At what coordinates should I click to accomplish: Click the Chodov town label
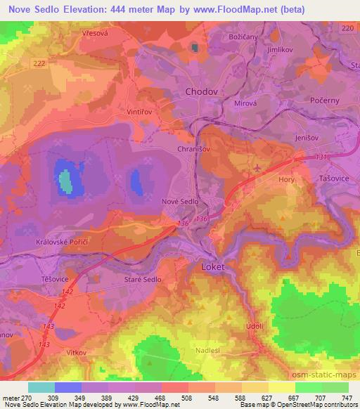tap(201, 92)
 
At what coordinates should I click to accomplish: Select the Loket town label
tap(212, 268)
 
